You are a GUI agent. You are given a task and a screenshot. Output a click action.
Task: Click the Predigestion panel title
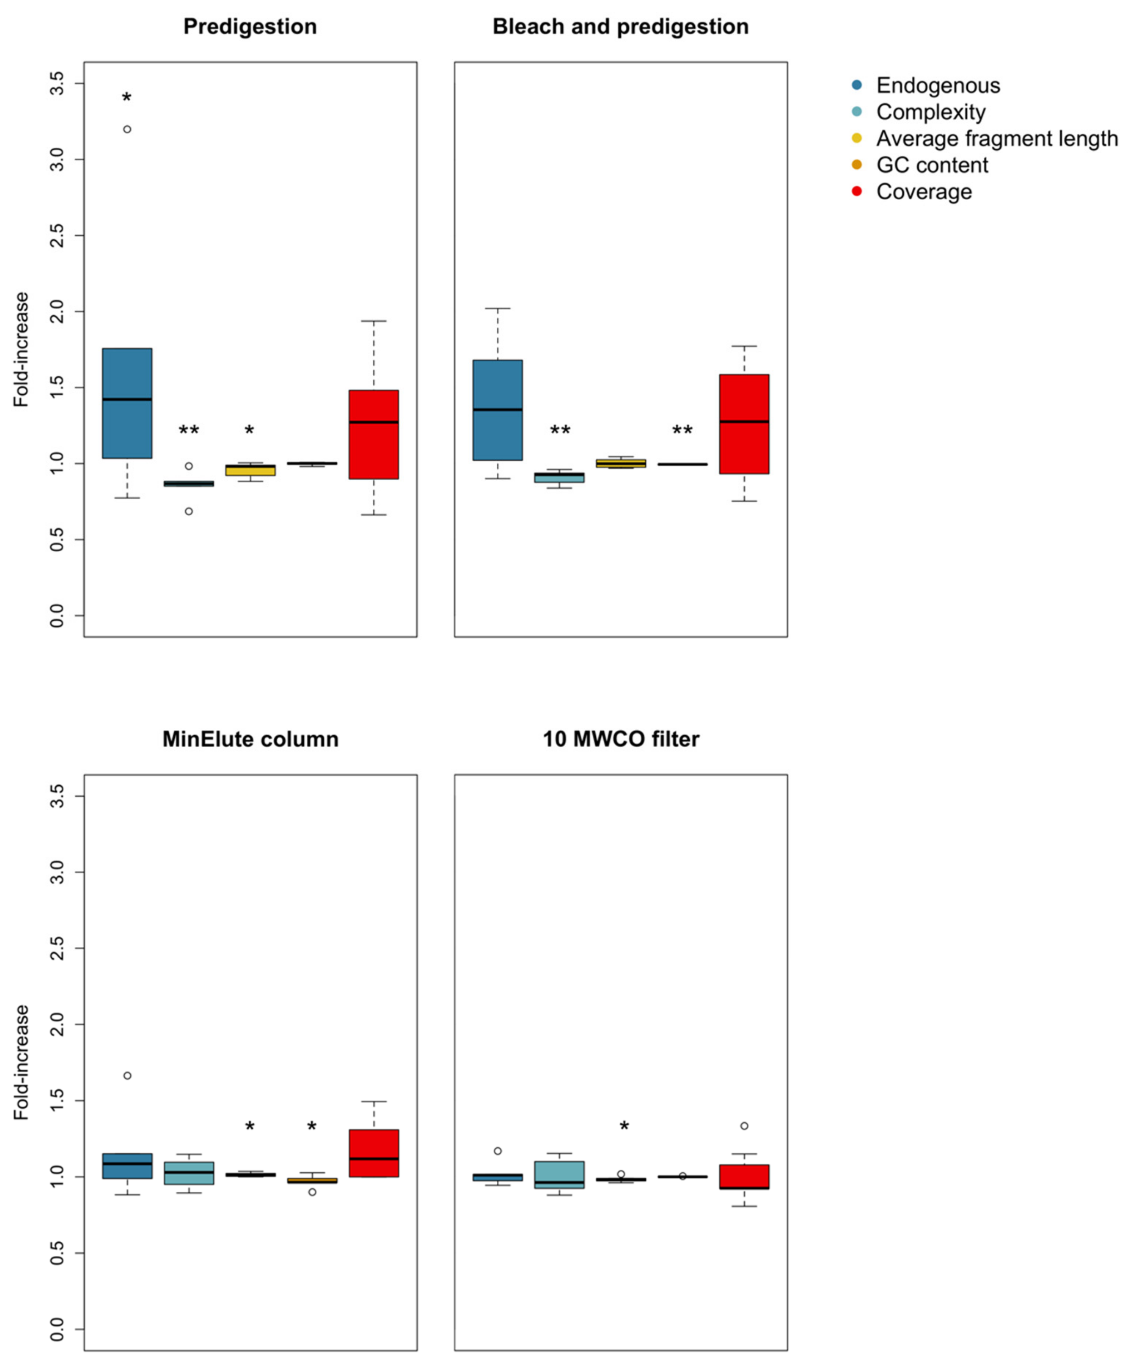pyautogui.click(x=250, y=27)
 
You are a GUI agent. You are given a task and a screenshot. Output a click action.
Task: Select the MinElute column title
pyautogui.click(x=250, y=739)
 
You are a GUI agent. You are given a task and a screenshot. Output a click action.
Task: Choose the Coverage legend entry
pyautogui.click(x=924, y=192)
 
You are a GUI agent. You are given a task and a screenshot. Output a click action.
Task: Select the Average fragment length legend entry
pyautogui.click(x=996, y=138)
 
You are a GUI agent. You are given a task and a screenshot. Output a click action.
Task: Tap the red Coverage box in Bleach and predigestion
pyautogui.click(x=744, y=424)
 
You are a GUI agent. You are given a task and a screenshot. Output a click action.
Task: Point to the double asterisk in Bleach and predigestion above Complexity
pyautogui.click(x=560, y=431)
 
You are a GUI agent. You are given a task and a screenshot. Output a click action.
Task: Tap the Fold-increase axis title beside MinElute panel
pyautogui.click(x=22, y=1062)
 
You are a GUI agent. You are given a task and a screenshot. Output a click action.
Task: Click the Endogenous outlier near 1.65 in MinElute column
pyautogui.click(x=127, y=1076)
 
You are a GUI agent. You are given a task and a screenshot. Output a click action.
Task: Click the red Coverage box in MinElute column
pyautogui.click(x=373, y=1153)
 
